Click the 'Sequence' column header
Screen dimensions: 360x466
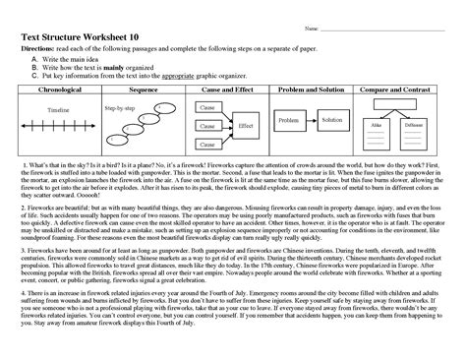pos(144,87)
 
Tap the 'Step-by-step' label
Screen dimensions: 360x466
pos(119,104)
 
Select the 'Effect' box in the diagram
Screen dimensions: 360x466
pos(246,126)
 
